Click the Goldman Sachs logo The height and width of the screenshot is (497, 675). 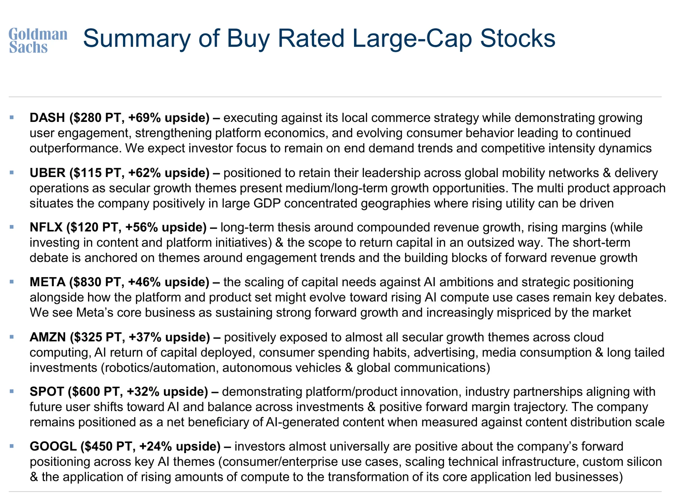(38, 41)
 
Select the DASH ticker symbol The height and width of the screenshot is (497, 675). (47, 118)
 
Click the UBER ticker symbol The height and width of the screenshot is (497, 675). (48, 173)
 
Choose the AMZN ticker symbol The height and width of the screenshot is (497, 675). (48, 337)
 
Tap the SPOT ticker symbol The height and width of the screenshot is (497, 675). (47, 392)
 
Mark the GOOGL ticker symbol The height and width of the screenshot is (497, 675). (53, 446)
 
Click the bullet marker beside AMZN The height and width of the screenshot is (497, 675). (12, 337)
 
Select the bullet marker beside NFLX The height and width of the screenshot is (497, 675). (12, 227)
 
